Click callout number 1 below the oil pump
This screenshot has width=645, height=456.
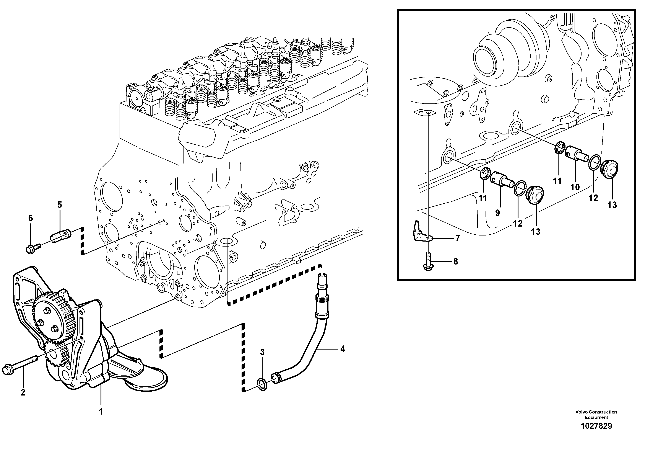[101, 412]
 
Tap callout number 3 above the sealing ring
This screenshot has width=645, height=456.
[262, 352]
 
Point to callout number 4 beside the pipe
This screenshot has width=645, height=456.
[343, 349]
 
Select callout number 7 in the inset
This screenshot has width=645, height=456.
[457, 238]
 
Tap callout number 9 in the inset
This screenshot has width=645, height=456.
[497, 213]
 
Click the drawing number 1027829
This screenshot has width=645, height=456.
[596, 426]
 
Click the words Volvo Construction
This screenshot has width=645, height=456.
[596, 412]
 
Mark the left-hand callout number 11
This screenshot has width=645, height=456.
[483, 198]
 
